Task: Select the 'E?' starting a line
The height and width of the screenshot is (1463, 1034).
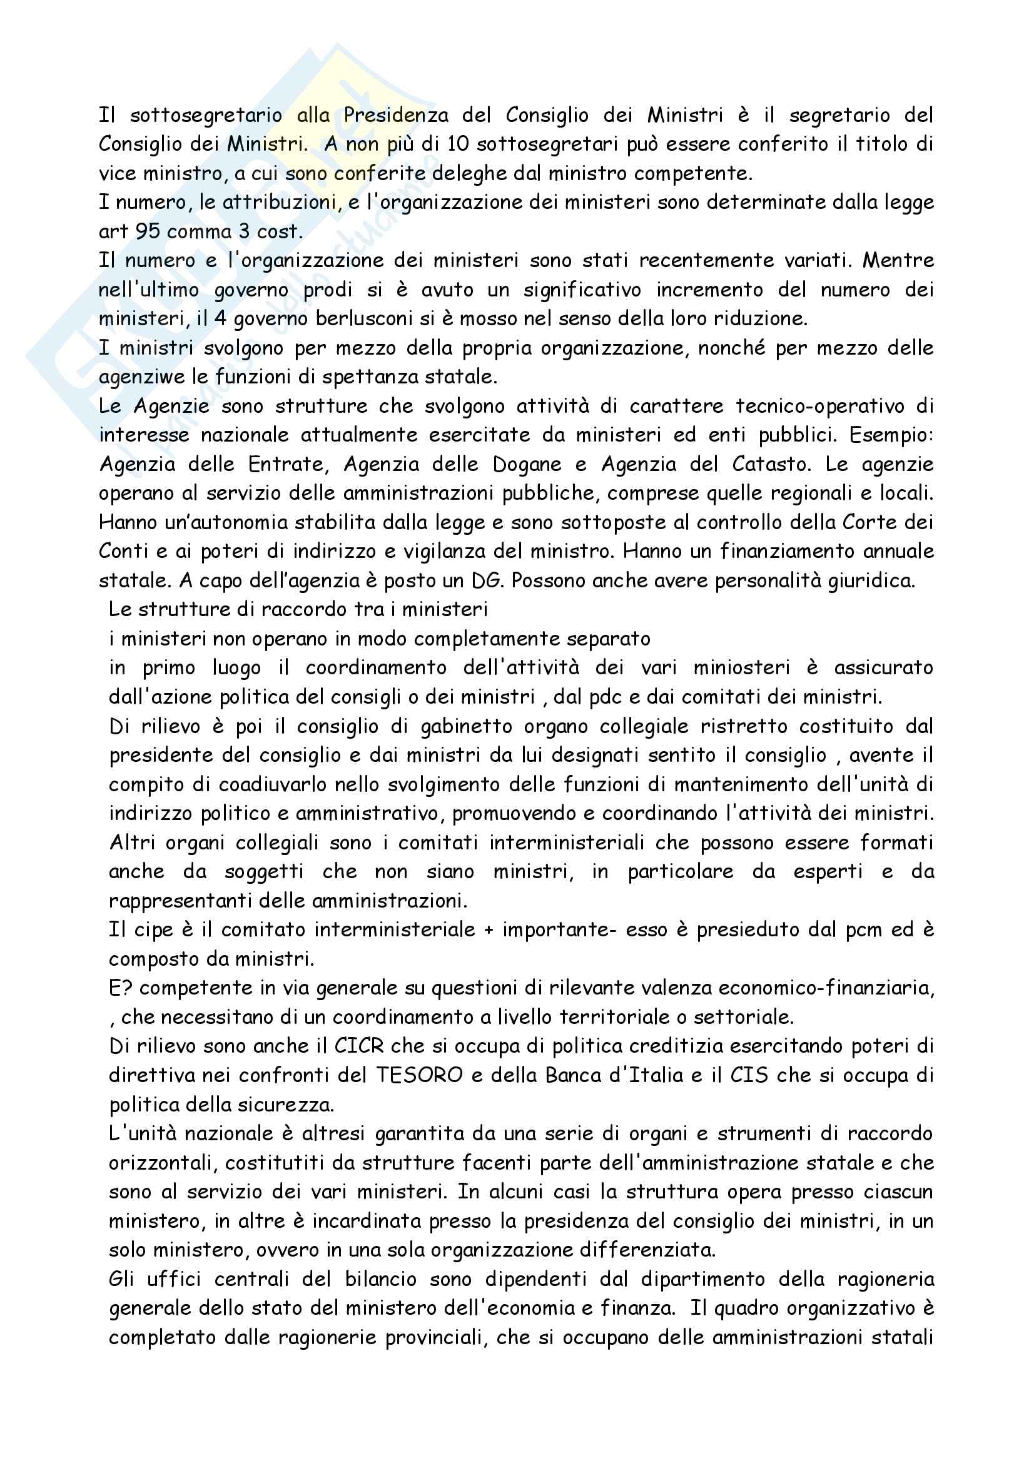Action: click(121, 988)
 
